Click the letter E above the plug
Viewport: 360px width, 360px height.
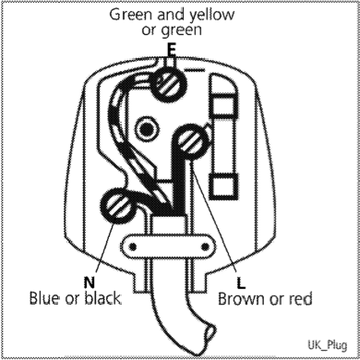coord(171,48)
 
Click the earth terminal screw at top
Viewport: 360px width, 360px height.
coord(168,88)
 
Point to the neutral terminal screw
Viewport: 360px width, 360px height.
coord(122,206)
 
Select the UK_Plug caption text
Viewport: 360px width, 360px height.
coord(325,342)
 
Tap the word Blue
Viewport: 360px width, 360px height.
coord(48,300)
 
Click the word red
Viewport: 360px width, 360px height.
coord(300,300)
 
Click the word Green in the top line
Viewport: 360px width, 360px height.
coord(131,16)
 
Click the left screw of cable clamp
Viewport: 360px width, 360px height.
coord(131,245)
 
